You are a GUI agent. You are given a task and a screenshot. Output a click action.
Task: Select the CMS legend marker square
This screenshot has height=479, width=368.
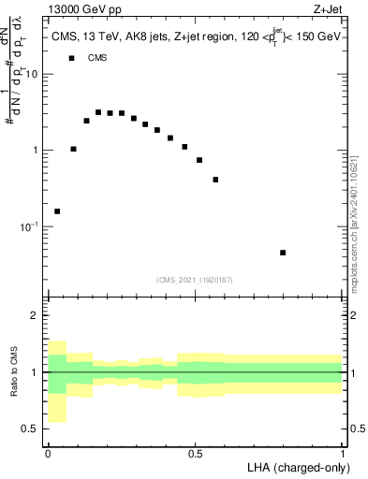click(70, 58)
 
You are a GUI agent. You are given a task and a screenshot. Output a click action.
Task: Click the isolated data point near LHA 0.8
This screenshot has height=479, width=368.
click(283, 253)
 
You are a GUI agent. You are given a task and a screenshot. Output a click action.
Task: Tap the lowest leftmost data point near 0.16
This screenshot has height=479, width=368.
click(57, 211)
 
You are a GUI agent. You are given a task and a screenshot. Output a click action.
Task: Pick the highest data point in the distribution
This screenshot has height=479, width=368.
click(98, 112)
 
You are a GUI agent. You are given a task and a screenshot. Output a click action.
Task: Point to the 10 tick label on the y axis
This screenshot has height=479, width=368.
click(34, 74)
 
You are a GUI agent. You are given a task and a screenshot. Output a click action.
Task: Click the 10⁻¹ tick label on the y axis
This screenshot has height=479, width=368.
click(30, 227)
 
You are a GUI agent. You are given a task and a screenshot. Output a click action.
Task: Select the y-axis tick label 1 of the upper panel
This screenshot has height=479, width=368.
click(37, 151)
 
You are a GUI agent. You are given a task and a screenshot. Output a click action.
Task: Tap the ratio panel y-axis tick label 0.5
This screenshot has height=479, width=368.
click(32, 428)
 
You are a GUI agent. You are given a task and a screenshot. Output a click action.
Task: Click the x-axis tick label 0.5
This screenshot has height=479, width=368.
click(195, 454)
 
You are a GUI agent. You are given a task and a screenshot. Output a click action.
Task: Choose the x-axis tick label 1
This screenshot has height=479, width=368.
click(343, 454)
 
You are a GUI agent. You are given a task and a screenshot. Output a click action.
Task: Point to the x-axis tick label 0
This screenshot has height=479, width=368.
click(48, 454)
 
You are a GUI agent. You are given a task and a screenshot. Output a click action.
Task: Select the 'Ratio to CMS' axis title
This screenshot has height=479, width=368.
click(14, 372)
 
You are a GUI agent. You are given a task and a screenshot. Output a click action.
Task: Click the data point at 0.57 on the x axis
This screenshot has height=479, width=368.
click(215, 180)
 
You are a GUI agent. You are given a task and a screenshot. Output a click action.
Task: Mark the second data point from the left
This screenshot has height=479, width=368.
click(74, 149)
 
